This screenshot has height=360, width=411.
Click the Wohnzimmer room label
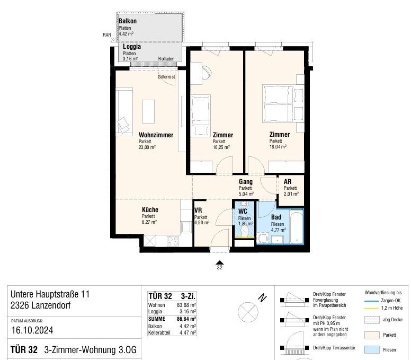pos(156,135)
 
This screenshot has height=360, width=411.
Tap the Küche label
pos(150,209)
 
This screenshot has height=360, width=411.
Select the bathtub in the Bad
pos(297,227)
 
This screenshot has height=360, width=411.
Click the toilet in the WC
pos(244,231)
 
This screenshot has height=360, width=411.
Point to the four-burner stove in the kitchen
pos(173,241)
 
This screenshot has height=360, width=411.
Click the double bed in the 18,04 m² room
pos(283,103)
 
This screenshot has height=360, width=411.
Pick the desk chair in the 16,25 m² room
pos(207,72)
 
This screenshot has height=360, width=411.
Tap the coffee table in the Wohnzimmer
pos(148,111)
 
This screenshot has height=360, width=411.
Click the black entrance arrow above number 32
pos(220,262)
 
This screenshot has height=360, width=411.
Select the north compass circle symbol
pos(248,312)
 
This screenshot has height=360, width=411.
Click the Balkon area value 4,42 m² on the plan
pos(126,33)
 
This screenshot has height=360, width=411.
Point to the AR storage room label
pos(287,181)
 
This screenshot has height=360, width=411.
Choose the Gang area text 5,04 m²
pos(246,194)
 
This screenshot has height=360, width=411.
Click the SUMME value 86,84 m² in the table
pos(186,319)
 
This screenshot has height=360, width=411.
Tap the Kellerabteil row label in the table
pos(159,333)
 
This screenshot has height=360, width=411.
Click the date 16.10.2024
pos(32,330)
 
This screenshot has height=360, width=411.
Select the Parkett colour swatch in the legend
pos(372,335)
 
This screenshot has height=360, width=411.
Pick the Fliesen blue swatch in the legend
pos(372,350)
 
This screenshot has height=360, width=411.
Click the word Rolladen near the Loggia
pos(166,59)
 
